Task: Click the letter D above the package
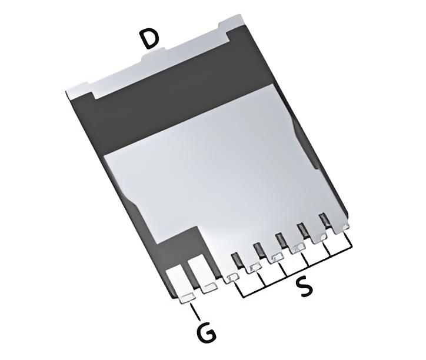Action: point(149,39)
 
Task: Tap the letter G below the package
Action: point(205,334)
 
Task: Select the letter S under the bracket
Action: point(304,288)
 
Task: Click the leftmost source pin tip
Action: point(232,278)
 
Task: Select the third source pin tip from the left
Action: point(275,257)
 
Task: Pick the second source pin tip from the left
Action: point(254,268)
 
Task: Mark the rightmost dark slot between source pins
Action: point(324,221)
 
